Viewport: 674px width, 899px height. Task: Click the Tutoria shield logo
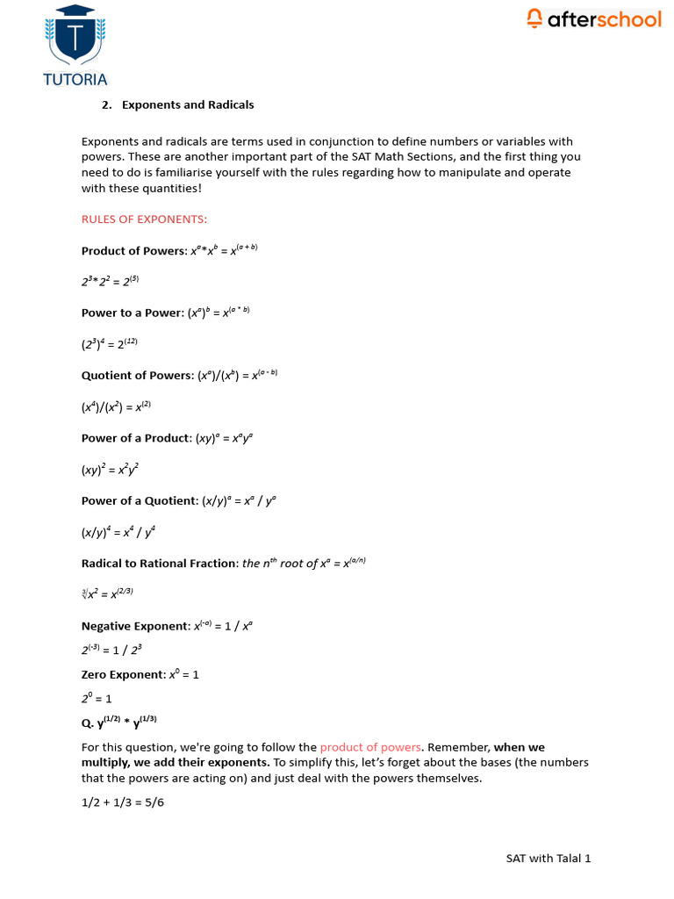click(x=75, y=35)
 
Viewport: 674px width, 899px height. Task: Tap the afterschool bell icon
click(x=534, y=18)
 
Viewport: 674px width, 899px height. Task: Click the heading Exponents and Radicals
click(x=188, y=104)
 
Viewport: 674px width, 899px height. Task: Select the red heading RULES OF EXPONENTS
click(x=144, y=219)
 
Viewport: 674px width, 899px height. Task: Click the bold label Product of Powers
click(x=133, y=251)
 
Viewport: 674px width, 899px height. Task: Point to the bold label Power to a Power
click(x=132, y=313)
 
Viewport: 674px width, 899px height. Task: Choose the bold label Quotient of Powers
click(x=137, y=376)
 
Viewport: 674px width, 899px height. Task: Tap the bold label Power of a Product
click(x=135, y=438)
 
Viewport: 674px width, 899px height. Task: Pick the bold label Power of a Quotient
click(x=139, y=500)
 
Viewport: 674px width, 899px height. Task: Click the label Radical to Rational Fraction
click(x=159, y=564)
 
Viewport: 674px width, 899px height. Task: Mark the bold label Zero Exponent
click(x=122, y=675)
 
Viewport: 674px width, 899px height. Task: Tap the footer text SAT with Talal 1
click(x=548, y=858)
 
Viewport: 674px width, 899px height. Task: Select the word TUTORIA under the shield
click(x=75, y=79)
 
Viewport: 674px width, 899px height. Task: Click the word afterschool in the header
click(x=604, y=18)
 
